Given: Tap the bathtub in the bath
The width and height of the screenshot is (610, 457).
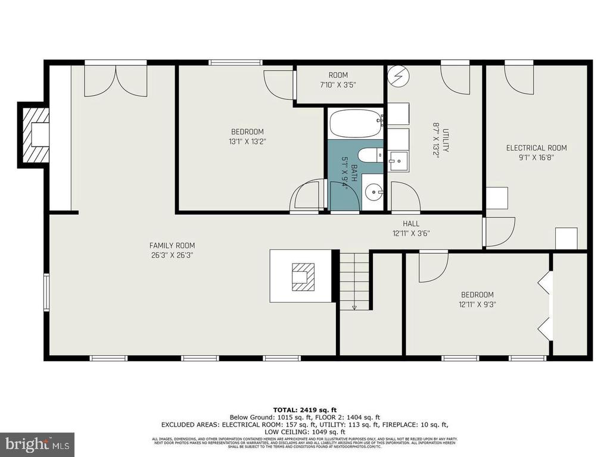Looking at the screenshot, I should [356, 123].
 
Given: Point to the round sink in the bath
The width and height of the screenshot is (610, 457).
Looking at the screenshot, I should [374, 191].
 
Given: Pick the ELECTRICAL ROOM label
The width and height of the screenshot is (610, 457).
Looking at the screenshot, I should [536, 148].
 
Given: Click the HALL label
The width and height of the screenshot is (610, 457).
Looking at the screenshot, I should [410, 224].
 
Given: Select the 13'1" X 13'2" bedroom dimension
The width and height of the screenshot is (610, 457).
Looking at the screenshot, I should [247, 142].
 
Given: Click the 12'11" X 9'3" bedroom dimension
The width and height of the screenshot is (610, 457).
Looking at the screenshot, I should [477, 304].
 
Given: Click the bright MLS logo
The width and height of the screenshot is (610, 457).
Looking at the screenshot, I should [37, 444].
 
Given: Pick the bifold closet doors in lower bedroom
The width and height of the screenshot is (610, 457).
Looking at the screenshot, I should [544, 305].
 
